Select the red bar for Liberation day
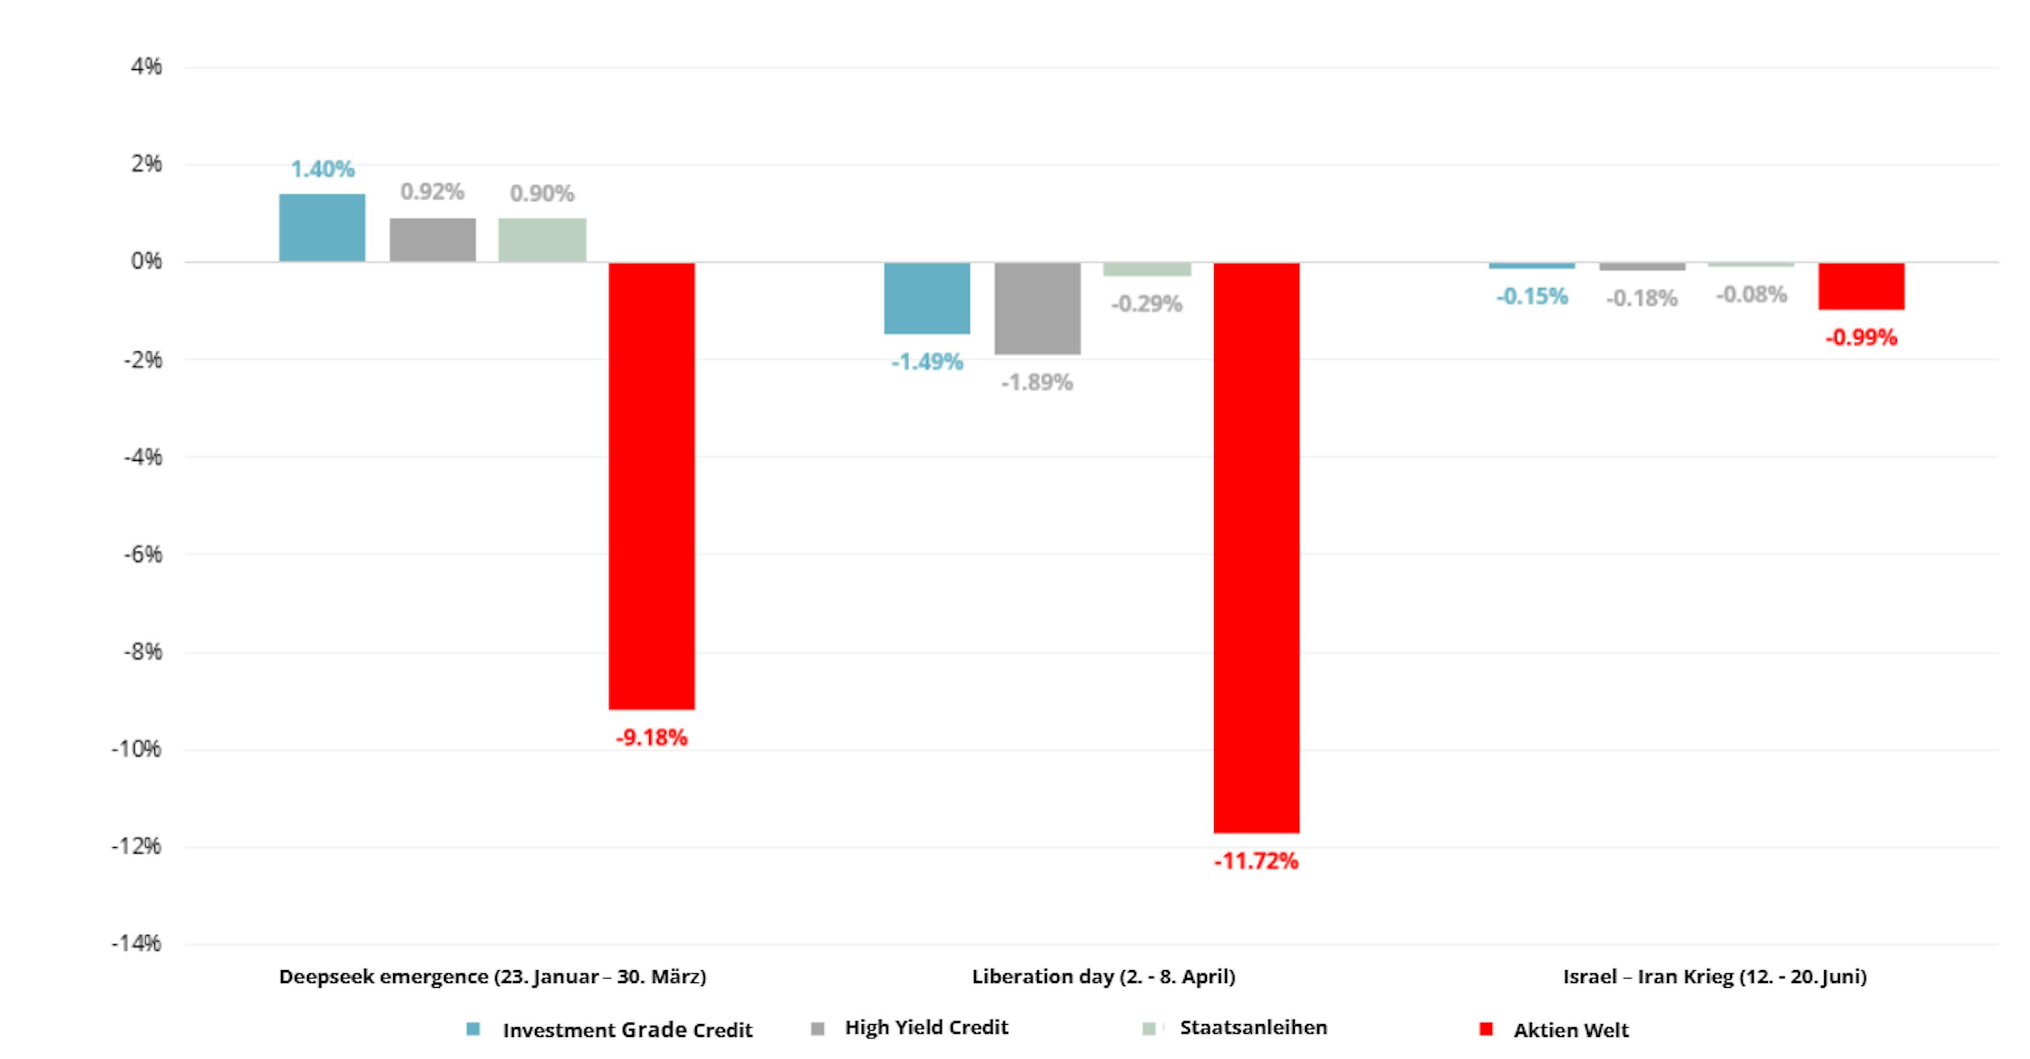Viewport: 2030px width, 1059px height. click(x=1256, y=547)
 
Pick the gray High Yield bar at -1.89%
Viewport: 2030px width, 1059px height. click(x=1037, y=308)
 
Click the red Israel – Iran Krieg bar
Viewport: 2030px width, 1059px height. click(x=1861, y=286)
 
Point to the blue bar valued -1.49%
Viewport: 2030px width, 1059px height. click(x=927, y=298)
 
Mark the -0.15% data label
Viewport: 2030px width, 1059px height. click(x=1532, y=297)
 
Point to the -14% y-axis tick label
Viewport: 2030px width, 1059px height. click(x=136, y=943)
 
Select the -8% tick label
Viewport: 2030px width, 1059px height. click(x=143, y=652)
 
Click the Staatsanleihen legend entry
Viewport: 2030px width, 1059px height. click(x=1253, y=1027)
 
